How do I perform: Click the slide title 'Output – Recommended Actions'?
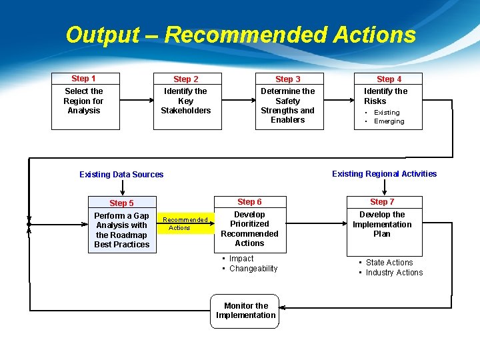coord(240,35)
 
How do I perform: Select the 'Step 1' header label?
coord(84,79)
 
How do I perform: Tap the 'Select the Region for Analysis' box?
coord(84,101)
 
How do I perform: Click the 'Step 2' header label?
coord(186,79)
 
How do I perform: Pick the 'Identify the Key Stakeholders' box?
coord(186,101)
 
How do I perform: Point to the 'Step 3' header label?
coord(288,79)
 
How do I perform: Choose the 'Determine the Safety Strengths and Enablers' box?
coord(288,105)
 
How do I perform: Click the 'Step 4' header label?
coord(389,79)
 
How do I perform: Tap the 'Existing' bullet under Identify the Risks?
coord(387,113)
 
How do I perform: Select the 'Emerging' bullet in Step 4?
coord(389,121)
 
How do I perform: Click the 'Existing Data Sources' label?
coord(121,175)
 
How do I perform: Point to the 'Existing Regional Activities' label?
coord(384,174)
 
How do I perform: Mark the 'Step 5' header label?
coord(121,203)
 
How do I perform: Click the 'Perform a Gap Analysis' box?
coord(121,230)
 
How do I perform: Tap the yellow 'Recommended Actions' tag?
coord(185,224)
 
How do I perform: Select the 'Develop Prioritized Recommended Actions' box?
coord(250,229)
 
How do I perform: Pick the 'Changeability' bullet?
coord(253,269)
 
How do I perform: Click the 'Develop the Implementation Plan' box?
coord(382,225)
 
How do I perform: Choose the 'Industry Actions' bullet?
coord(394,273)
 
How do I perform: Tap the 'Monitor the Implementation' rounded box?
coord(246,311)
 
